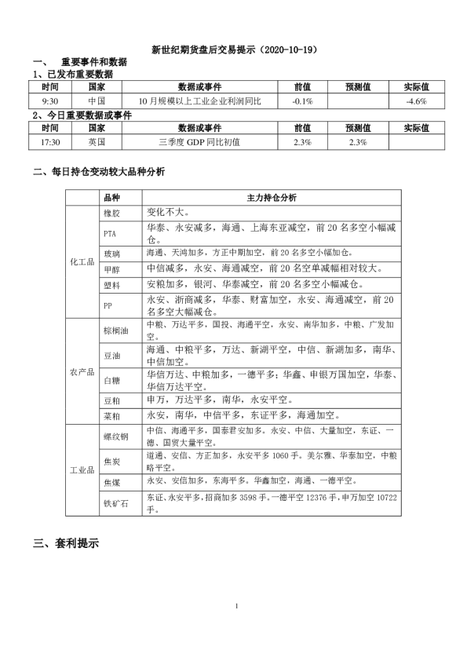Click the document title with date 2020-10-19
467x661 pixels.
tap(234, 49)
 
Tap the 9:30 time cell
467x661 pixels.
tap(49, 101)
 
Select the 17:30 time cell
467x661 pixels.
tap(49, 142)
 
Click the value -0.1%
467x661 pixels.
tap(302, 101)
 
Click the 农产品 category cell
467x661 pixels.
tap(82, 371)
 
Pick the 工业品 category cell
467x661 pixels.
tap(82, 470)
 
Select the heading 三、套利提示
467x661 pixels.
tap(66, 542)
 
